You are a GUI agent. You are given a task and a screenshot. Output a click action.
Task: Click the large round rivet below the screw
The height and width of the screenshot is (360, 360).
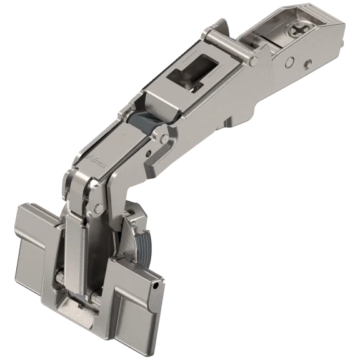click(x=291, y=61)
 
